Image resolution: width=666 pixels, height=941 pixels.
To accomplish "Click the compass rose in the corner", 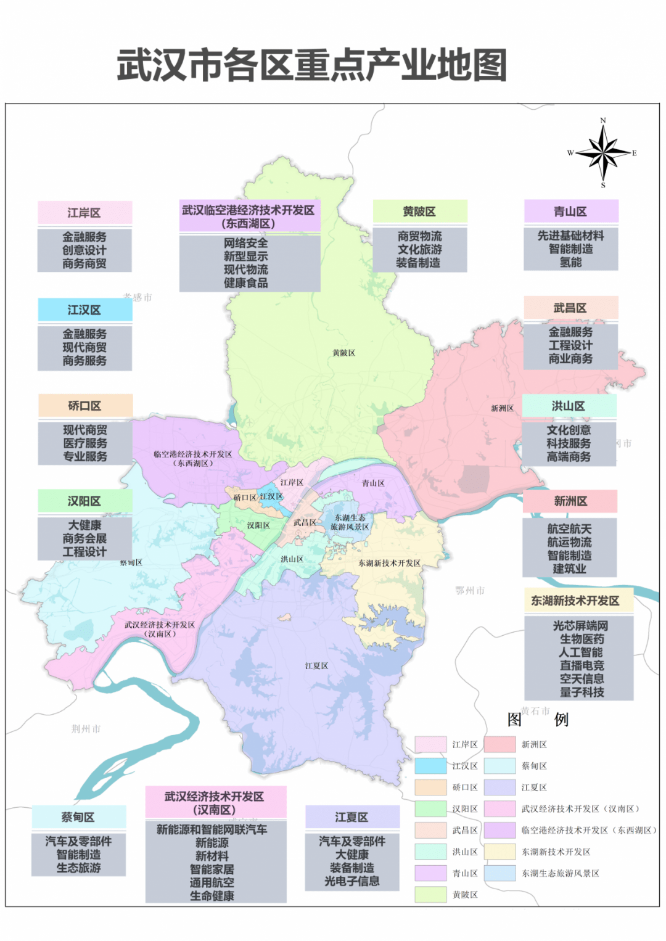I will [604, 152].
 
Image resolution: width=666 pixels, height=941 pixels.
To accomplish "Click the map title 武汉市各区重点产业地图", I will [311, 65].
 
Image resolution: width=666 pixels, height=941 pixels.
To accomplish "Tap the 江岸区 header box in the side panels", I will [84, 213].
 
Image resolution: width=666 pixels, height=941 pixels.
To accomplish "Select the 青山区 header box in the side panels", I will [571, 212].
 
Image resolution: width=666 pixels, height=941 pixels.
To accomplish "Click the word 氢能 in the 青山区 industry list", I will [571, 263].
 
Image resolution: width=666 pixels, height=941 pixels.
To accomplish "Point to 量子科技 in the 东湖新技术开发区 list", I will [582, 692].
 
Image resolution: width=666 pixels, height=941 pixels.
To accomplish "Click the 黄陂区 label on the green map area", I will [343, 353].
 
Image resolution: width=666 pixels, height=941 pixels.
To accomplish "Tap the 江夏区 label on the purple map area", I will [316, 666].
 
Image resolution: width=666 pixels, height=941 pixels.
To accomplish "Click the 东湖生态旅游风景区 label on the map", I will [350, 522].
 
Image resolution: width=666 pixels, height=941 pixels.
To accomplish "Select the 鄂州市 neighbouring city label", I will [470, 591].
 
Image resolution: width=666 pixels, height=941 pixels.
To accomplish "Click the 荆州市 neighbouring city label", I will [86, 729].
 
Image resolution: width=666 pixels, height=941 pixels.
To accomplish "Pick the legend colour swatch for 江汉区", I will [430, 766].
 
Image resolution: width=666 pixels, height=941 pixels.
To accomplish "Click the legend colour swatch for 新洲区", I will [499, 744].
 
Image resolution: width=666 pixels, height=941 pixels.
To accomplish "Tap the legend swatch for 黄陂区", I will [430, 894].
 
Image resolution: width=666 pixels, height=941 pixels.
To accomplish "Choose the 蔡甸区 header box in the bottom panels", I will [78, 817].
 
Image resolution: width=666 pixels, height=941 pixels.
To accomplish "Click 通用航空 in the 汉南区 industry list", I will [212, 882].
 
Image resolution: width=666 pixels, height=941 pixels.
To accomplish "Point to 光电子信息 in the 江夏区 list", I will [352, 881].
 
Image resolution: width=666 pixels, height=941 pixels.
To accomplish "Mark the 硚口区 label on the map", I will [245, 497].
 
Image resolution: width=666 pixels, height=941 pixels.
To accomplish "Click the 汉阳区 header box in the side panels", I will [84, 501].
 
